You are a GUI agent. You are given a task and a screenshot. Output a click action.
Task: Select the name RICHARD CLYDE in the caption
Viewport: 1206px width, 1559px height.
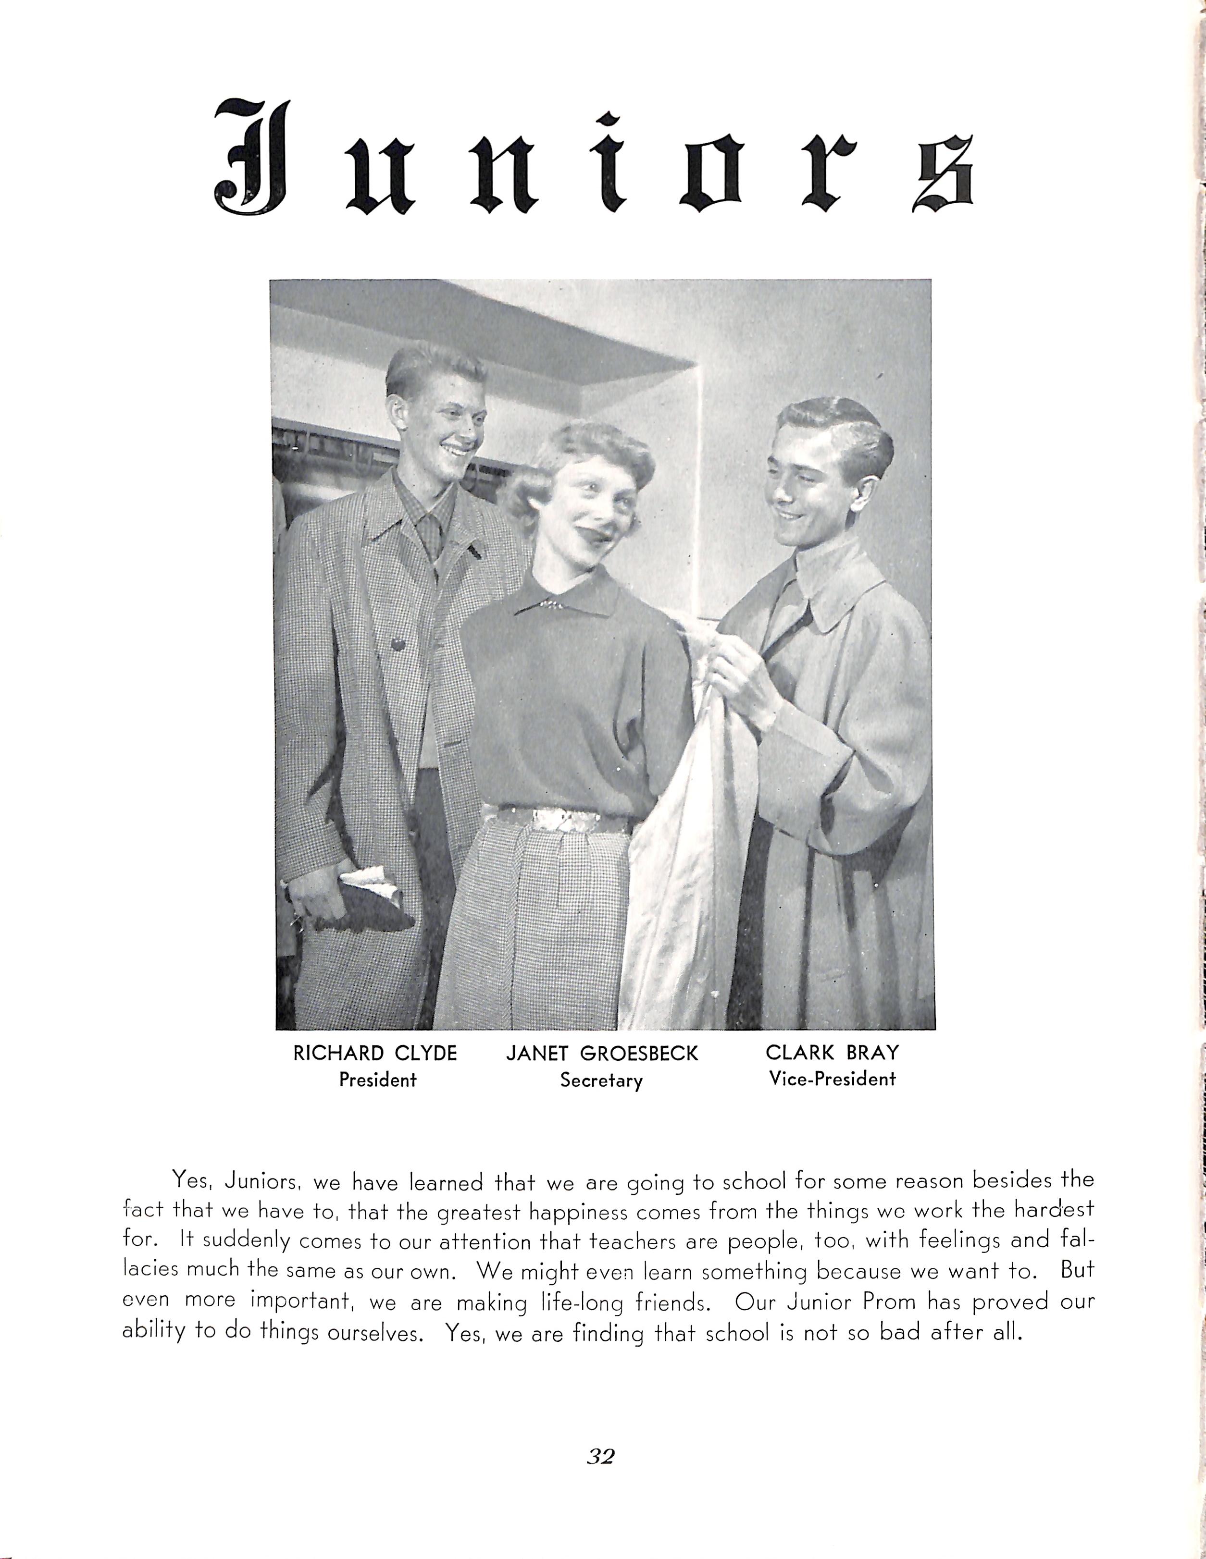click(x=375, y=1053)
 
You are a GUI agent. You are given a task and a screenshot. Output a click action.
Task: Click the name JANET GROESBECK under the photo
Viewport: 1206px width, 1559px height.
click(x=601, y=1054)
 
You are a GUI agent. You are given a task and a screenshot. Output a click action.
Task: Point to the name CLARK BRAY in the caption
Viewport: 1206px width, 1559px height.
click(x=832, y=1052)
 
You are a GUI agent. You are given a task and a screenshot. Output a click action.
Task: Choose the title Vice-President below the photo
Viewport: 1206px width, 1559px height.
click(x=832, y=1079)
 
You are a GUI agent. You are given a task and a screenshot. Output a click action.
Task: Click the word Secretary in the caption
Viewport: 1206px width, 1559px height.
click(x=601, y=1080)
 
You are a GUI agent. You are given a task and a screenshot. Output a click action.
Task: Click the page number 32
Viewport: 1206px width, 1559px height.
click(x=600, y=1456)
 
